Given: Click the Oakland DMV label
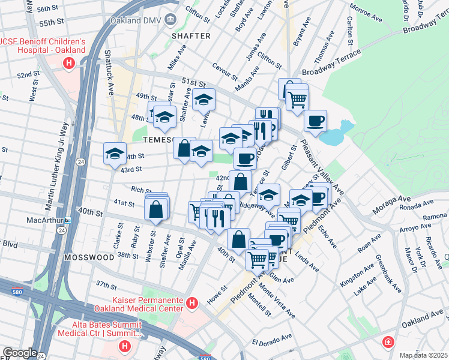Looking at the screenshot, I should point(136,19).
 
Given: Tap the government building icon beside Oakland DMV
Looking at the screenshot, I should point(170,19).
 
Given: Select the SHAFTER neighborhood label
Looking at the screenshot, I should point(191,36).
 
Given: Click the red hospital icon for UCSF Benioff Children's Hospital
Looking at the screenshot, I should point(70,62).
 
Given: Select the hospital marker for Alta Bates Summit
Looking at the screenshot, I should point(125,346).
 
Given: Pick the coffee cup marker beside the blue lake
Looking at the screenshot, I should point(315,122).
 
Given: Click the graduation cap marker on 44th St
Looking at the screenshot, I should point(115,154).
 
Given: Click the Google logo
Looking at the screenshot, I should point(20,353).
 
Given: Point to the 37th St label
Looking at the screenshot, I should point(106,284).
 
